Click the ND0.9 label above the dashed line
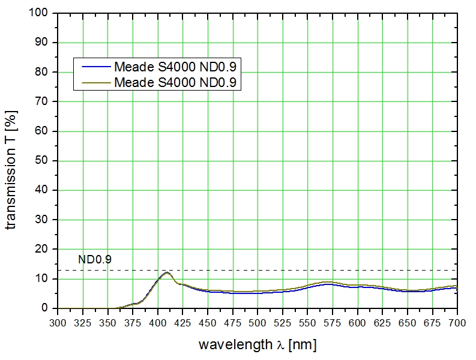(95, 260)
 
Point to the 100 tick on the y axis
(42, 13)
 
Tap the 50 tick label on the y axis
(44, 161)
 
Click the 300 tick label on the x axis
(58, 322)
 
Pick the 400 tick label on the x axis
(157, 322)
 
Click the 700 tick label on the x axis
(457, 322)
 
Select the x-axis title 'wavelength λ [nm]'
(258, 345)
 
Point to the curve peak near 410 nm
(166, 272)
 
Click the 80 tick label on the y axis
(44, 72)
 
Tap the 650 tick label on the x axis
(408, 322)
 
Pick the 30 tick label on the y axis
(44, 220)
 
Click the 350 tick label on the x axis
(107, 322)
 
